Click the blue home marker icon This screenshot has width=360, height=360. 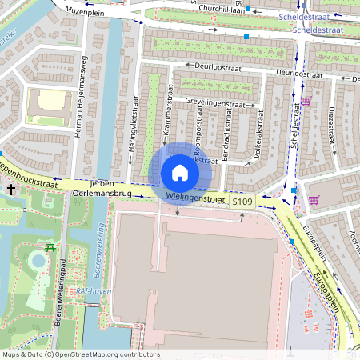point(179,172)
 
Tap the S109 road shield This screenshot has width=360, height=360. point(242,204)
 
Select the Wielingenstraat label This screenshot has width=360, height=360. point(196,195)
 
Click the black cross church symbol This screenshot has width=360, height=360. point(11,190)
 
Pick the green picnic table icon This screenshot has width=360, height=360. point(50,247)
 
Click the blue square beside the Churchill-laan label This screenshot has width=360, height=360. point(248,10)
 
